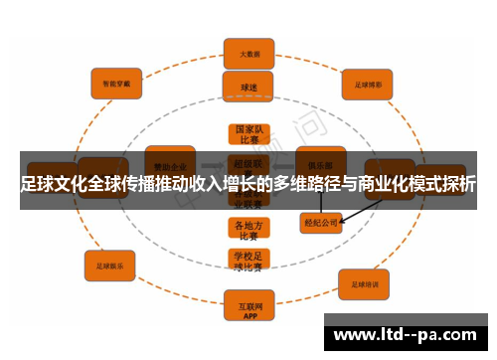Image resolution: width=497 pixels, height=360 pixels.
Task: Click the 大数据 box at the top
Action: tap(248, 52)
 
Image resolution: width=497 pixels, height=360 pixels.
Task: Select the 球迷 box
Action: tap(248, 87)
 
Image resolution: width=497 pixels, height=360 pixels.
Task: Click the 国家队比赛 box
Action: tap(248, 135)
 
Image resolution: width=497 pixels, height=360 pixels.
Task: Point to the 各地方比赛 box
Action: tap(248, 230)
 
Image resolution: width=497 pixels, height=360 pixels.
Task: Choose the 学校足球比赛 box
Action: tap(248, 261)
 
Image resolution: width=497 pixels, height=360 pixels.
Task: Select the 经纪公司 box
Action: tap(320, 223)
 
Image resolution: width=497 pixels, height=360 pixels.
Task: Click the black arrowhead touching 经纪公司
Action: tap(345, 220)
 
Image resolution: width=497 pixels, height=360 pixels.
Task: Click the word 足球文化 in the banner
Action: tap(55, 185)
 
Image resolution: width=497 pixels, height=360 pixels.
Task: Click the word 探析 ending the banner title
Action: tap(459, 185)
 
